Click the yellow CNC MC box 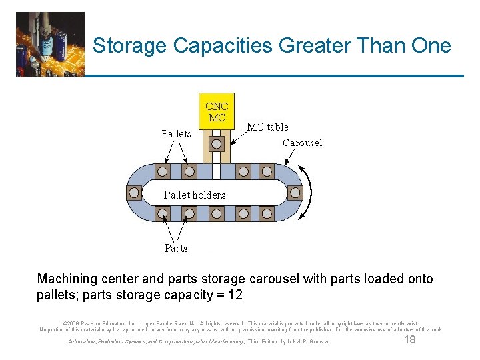(217, 111)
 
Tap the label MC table (267, 127)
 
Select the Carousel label (302, 143)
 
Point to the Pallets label (176, 133)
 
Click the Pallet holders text (195, 195)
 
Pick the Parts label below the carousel (176, 248)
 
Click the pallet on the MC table (217, 144)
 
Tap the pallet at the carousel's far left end (134, 193)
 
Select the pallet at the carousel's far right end (295, 193)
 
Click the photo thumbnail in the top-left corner (50, 44)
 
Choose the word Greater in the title (310, 46)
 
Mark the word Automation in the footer (83, 342)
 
